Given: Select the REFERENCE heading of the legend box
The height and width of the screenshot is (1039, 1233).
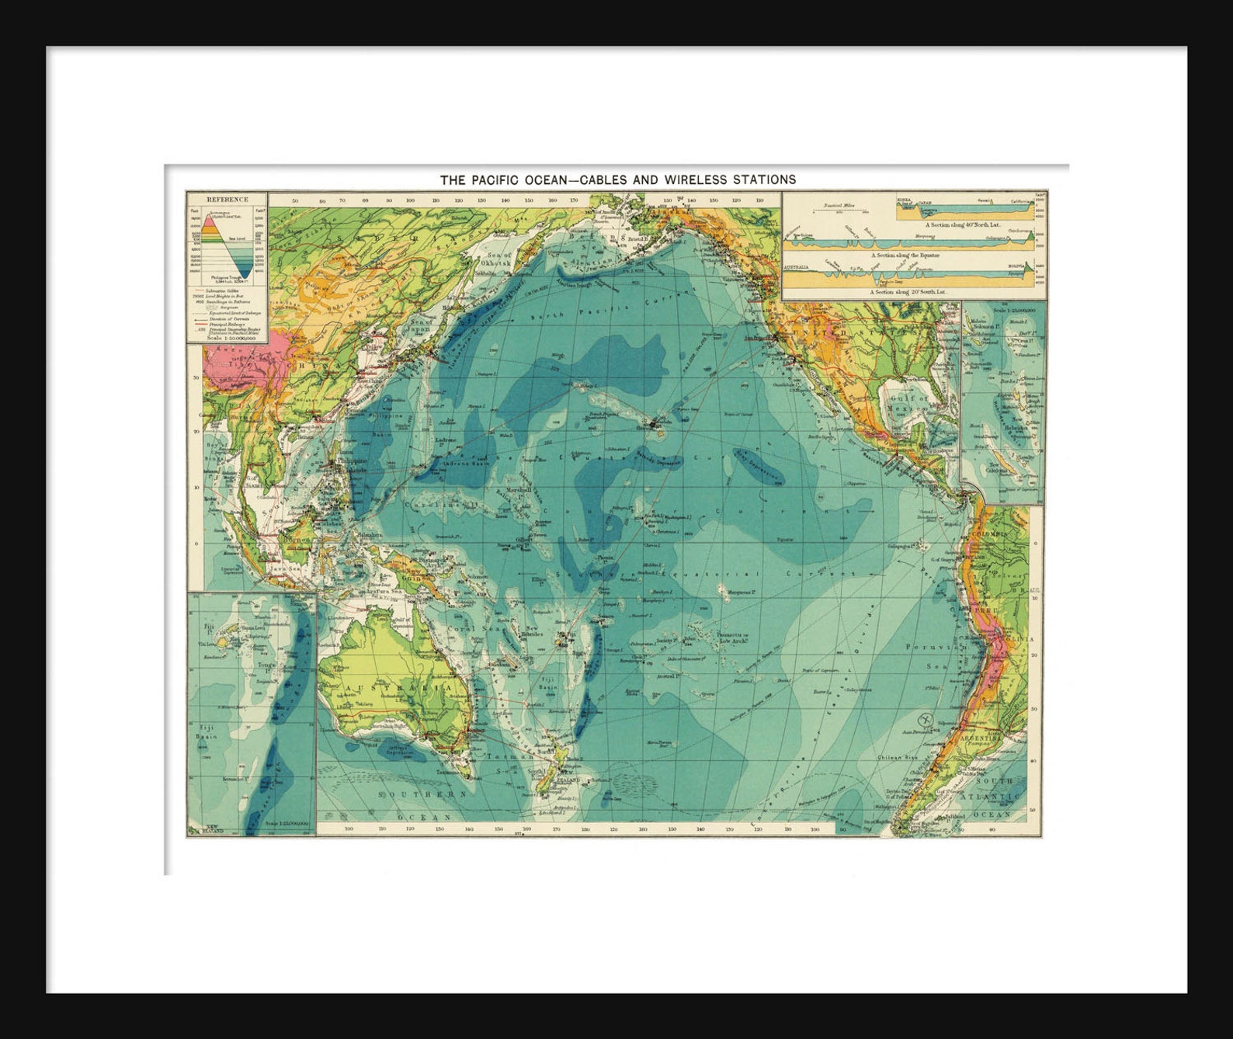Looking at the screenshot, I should coord(227,200).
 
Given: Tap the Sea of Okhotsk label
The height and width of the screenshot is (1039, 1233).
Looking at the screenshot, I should coord(497,259).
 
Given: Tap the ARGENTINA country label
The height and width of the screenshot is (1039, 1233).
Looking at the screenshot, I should coord(980,738).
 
